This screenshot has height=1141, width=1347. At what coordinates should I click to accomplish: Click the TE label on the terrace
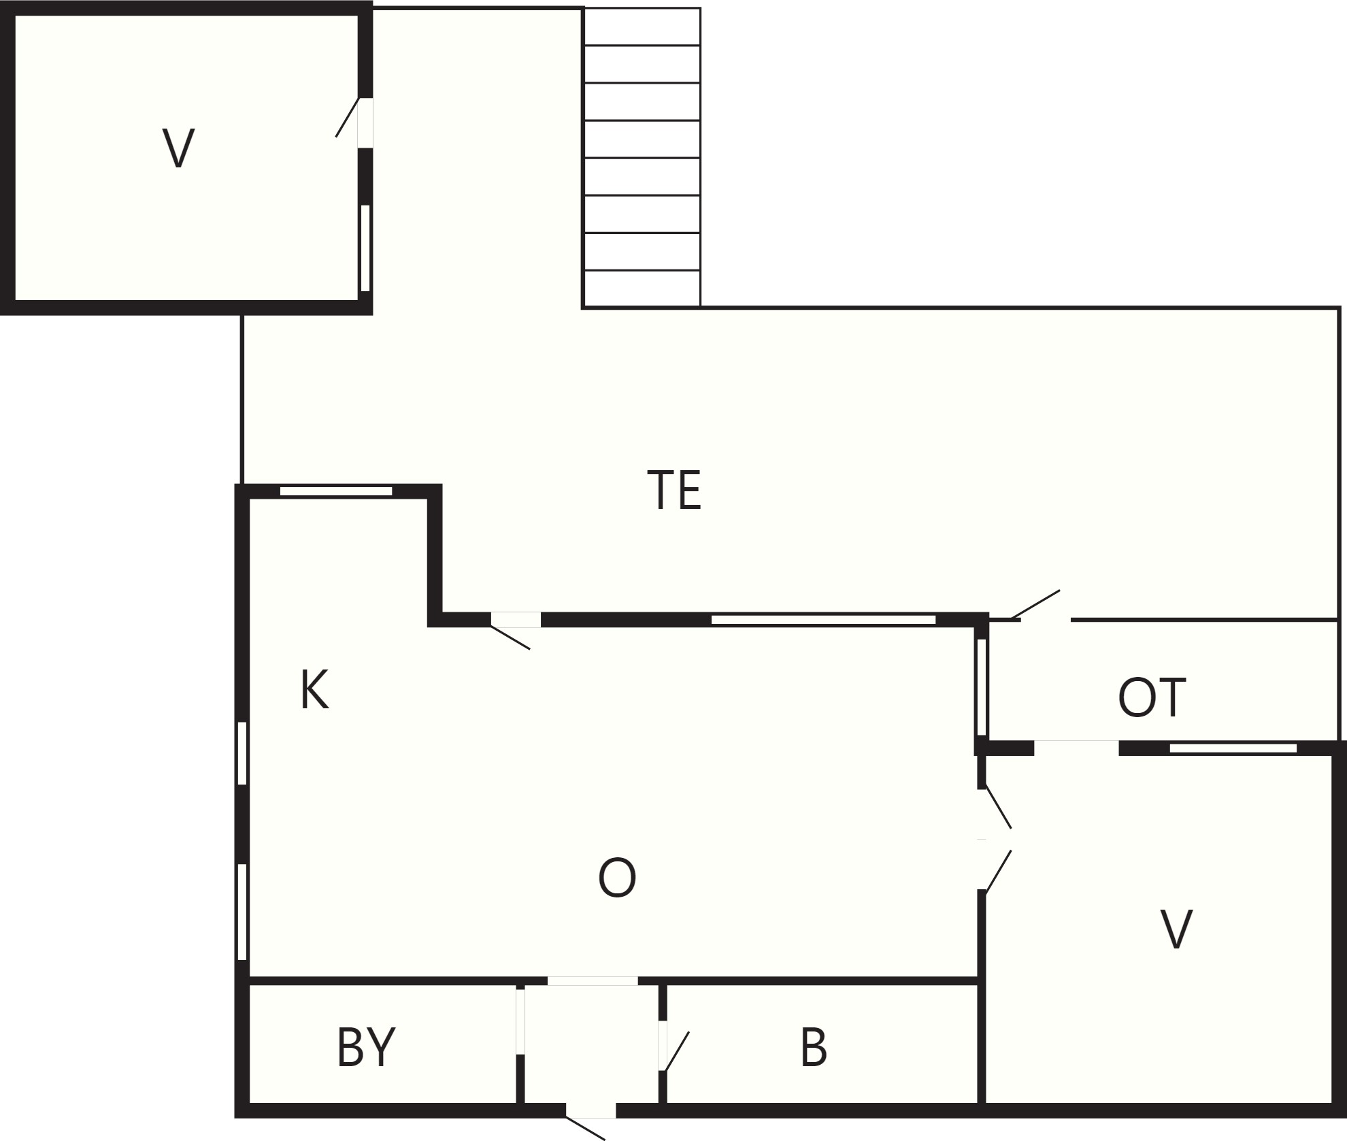[x=674, y=490]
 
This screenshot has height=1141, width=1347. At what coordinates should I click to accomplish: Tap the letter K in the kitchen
[x=315, y=690]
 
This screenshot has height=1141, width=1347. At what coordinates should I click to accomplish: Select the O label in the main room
[x=617, y=878]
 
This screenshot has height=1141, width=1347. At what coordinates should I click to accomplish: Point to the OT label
[x=1152, y=697]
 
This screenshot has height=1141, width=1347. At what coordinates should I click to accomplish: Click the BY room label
[x=366, y=1047]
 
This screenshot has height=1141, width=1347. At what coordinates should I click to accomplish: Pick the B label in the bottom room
[x=814, y=1047]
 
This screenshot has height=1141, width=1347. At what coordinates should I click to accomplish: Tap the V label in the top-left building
[x=178, y=148]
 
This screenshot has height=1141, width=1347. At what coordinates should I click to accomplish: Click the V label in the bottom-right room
[x=1176, y=929]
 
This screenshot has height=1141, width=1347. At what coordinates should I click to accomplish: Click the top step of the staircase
[x=642, y=27]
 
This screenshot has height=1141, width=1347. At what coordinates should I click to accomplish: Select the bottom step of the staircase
[x=642, y=288]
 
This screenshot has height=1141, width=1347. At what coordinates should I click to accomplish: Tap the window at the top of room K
[x=336, y=491]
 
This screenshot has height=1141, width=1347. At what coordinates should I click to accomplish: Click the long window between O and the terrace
[x=823, y=619]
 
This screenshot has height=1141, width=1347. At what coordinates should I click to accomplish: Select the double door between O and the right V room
[x=995, y=840]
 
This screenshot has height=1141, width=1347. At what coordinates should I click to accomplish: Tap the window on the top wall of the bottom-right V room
[x=1233, y=748]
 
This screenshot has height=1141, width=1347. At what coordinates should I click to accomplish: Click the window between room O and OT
[x=981, y=687]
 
